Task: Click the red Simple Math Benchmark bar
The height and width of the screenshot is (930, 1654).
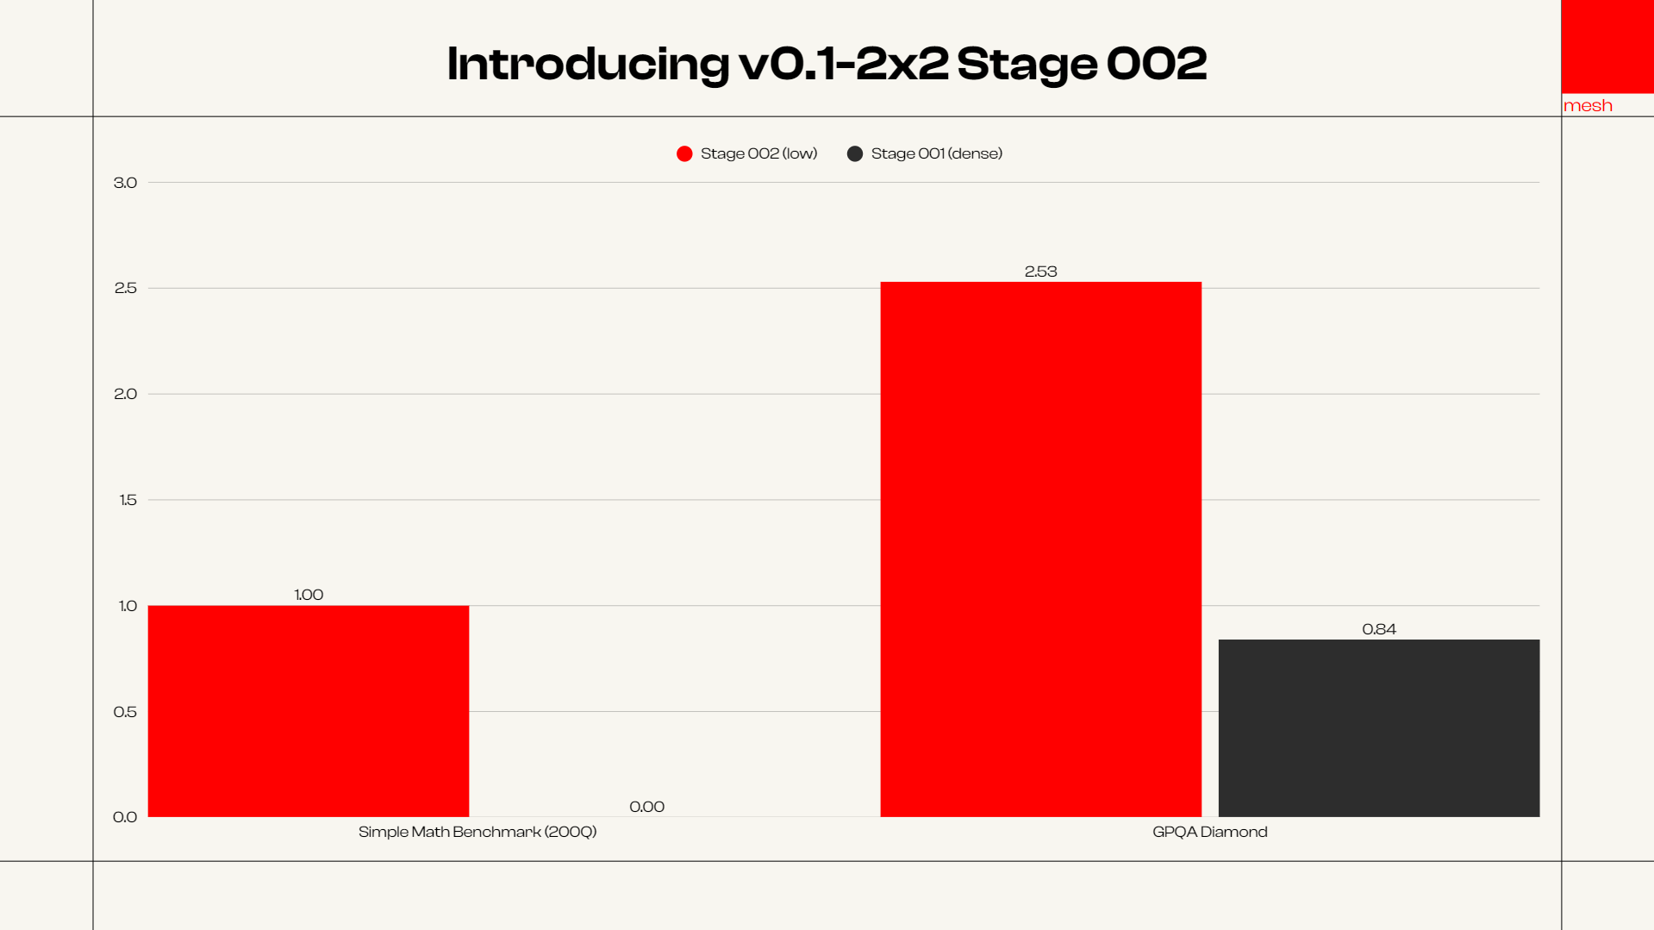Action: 309,710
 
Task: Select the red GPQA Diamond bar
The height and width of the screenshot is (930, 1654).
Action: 1040,549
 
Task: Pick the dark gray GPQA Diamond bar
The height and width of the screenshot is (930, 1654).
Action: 1378,727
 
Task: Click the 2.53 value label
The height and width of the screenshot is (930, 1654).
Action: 1040,272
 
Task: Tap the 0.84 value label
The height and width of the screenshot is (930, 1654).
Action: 1378,629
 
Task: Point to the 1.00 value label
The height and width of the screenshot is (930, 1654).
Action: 309,595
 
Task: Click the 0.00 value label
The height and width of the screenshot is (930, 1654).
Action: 646,807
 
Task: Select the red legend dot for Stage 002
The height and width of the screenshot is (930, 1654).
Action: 684,153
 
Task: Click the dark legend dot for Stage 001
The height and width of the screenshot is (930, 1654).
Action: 855,153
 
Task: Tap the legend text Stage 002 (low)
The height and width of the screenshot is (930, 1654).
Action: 758,153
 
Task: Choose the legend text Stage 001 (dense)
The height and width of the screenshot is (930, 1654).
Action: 936,153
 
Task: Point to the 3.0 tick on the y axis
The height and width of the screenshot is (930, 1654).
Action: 125,183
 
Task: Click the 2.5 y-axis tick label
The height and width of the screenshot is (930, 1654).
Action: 125,288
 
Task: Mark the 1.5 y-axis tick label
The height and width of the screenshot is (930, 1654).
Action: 128,500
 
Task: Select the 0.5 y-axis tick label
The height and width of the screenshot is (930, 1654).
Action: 125,712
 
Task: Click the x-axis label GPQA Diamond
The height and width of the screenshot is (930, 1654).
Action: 1209,832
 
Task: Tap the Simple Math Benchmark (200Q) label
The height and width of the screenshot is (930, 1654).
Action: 477,832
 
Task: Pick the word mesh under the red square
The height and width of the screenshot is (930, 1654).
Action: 1588,105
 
